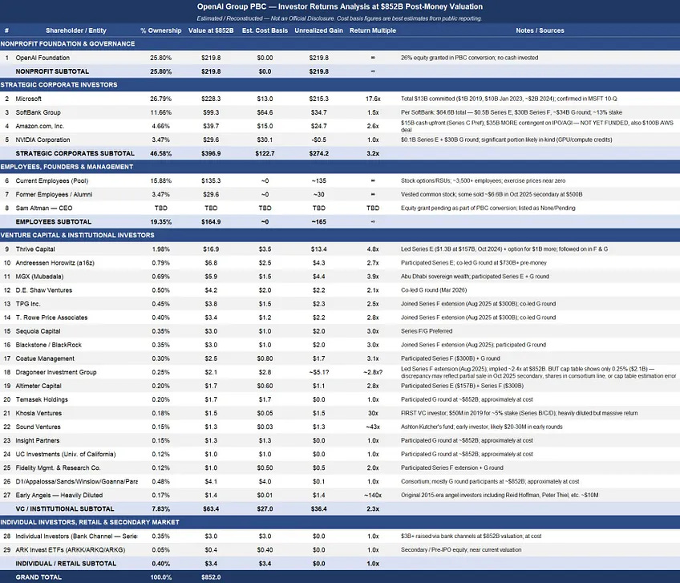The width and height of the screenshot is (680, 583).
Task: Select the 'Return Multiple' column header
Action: coord(373,30)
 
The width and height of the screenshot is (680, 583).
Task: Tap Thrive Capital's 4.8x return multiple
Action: coord(373,249)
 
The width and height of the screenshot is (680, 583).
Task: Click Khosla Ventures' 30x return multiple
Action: coord(373,413)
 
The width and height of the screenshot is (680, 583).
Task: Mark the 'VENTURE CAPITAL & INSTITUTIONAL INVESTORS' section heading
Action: coord(78,236)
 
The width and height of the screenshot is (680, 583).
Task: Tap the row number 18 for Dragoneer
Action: coord(6,372)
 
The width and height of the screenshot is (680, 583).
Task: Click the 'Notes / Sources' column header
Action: coord(539,30)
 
